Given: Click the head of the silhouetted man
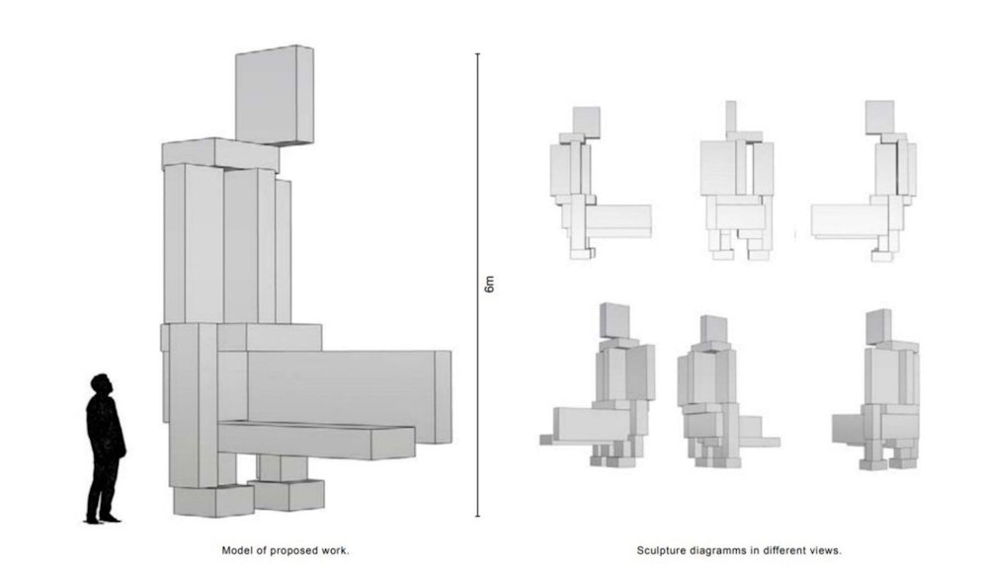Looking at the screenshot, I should [x=101, y=383].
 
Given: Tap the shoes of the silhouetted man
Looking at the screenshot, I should [x=102, y=517].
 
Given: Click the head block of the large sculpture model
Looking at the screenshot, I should [x=274, y=95].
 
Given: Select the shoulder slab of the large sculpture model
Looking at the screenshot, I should [x=220, y=154].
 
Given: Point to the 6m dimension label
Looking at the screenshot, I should [x=489, y=286].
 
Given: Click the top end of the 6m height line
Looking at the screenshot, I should [x=478, y=54].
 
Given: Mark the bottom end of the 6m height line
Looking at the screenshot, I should [x=478, y=516].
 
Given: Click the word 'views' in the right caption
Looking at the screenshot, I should [x=827, y=550].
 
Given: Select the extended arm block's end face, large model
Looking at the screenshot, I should [x=443, y=396].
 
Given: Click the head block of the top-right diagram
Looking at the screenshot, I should [x=878, y=117].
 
